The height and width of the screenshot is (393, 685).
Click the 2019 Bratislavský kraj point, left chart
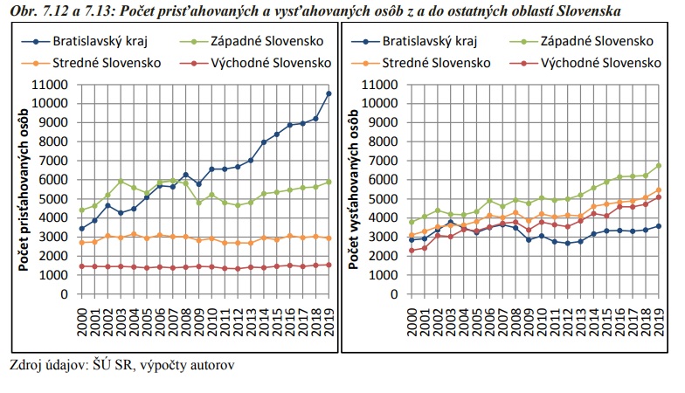(x=329, y=93)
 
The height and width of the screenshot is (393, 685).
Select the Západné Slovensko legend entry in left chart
(x=252, y=42)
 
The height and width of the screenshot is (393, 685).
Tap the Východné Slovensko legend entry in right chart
(x=585, y=63)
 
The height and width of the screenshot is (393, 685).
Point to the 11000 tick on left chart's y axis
(x=49, y=84)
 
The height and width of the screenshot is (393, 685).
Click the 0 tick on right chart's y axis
(x=393, y=294)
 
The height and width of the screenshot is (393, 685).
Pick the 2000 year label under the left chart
(x=82, y=322)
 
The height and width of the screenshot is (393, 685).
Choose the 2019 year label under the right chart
(x=659, y=322)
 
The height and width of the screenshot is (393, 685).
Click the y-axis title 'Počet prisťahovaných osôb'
(x=24, y=190)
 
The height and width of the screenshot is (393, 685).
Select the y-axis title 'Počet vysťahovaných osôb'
(x=353, y=190)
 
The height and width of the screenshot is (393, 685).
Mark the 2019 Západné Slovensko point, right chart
(x=659, y=166)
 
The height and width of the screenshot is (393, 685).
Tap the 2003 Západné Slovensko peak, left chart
(x=121, y=181)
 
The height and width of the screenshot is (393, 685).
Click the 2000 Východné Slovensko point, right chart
(x=412, y=250)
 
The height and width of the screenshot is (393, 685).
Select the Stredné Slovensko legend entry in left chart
(x=91, y=63)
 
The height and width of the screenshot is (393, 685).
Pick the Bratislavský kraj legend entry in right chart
(x=414, y=42)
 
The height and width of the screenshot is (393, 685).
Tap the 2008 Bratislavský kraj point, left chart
(x=185, y=175)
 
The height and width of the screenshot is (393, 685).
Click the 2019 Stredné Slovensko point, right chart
(x=659, y=190)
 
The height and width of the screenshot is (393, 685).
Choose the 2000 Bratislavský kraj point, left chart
(x=82, y=229)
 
